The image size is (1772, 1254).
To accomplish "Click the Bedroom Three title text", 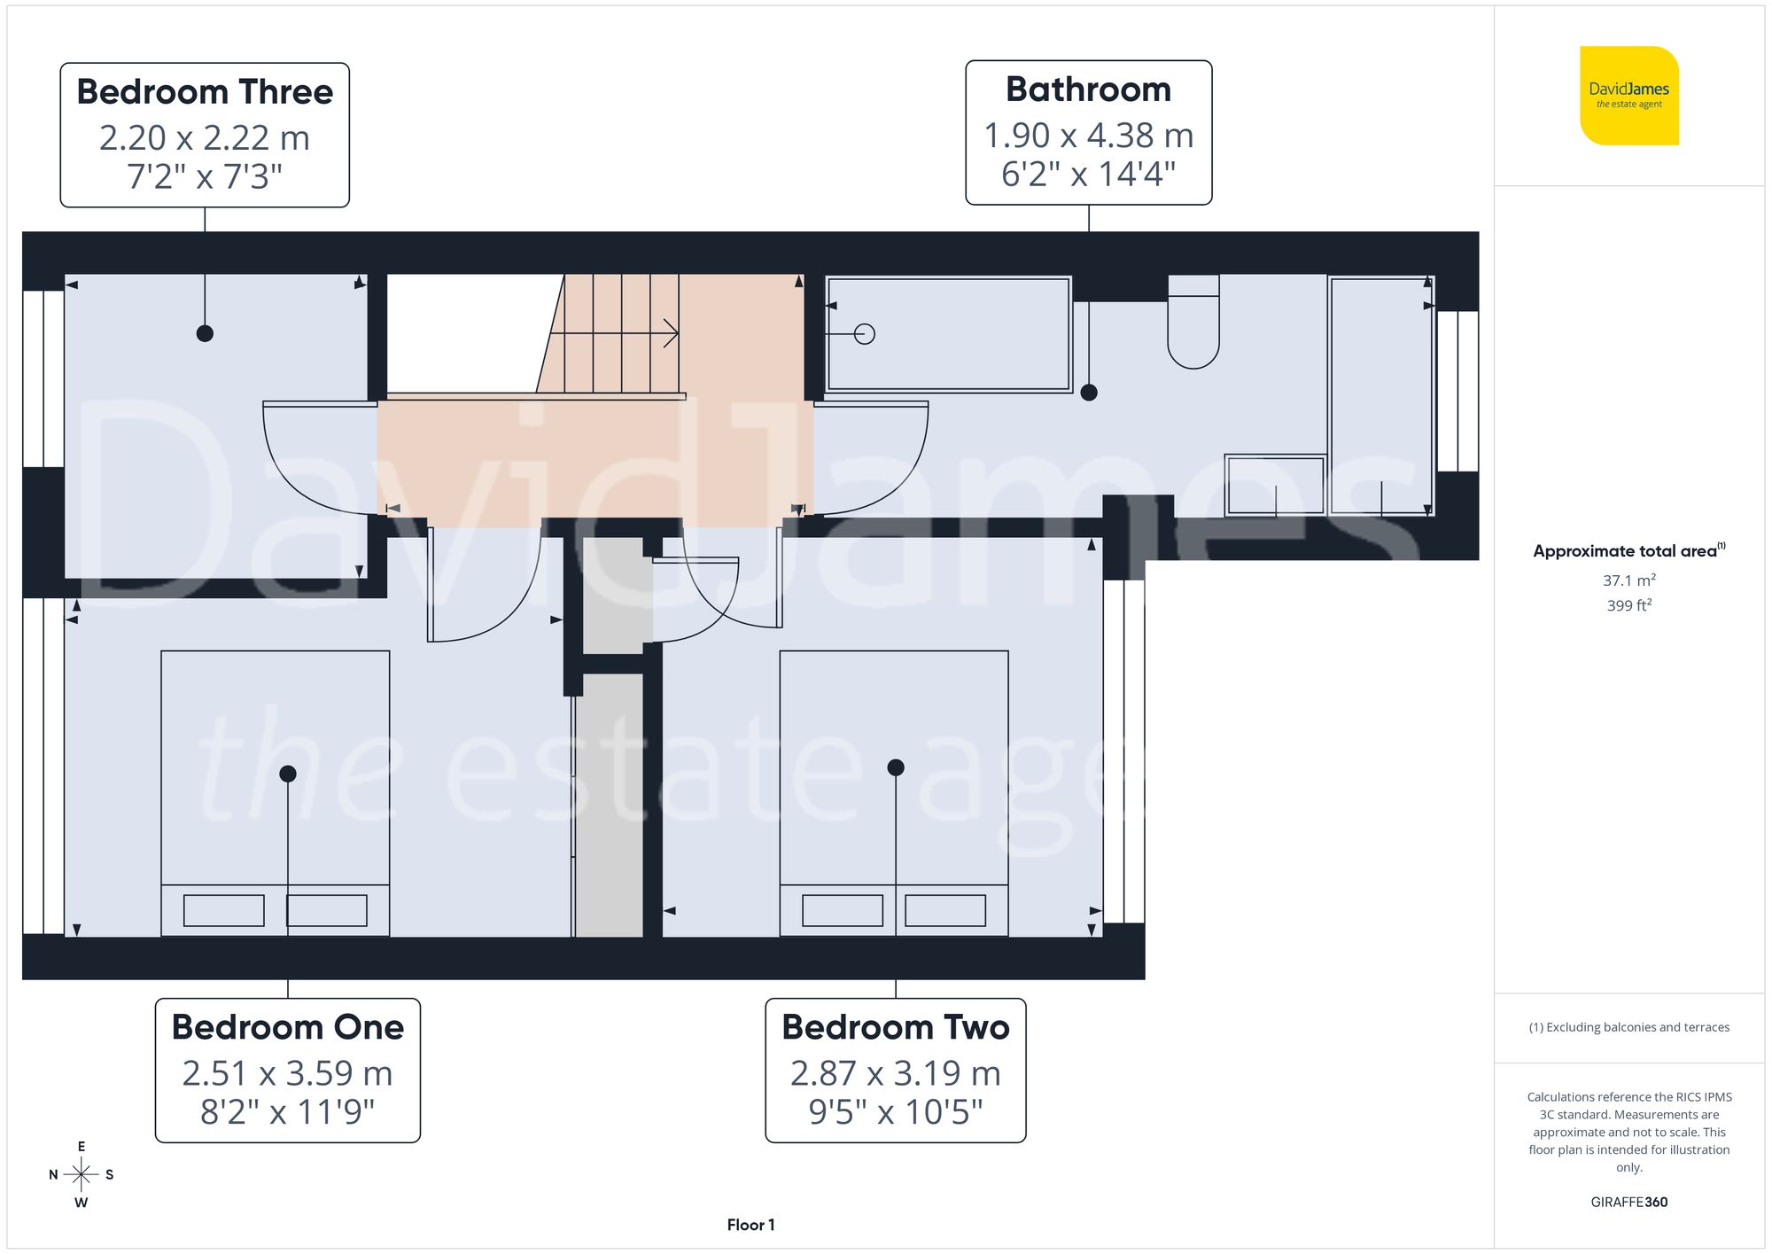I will pos(205,92).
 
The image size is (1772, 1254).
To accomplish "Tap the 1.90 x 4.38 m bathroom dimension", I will pos(1088,136).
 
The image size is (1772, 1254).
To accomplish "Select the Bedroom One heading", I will pos(287,1027).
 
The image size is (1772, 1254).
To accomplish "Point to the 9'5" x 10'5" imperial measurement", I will pos(895,1111).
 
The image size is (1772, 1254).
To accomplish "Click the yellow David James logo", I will pos(1628,96).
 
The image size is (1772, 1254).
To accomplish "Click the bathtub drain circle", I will pos(865,334).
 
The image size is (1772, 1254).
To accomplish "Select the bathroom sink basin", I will pos(1275,486).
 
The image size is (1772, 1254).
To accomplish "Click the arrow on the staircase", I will pos(670,334).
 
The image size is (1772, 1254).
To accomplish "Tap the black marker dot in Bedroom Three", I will pos(205,333).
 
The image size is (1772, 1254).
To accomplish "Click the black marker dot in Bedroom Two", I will pos(896,767).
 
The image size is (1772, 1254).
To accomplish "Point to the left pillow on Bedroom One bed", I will pos(223,910).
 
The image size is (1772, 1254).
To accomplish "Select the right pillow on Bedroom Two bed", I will pos(945,910).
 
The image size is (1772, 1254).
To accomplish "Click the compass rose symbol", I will pos(81,1175).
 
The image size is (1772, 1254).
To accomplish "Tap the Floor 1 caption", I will pos(750,1225).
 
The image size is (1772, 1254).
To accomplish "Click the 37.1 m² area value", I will pos(1628,580).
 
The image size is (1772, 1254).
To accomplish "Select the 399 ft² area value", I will pos(1628,605).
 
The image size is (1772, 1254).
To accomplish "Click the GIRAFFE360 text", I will pos(1628,1202).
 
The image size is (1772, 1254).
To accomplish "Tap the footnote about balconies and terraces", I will pos(1628,1027).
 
